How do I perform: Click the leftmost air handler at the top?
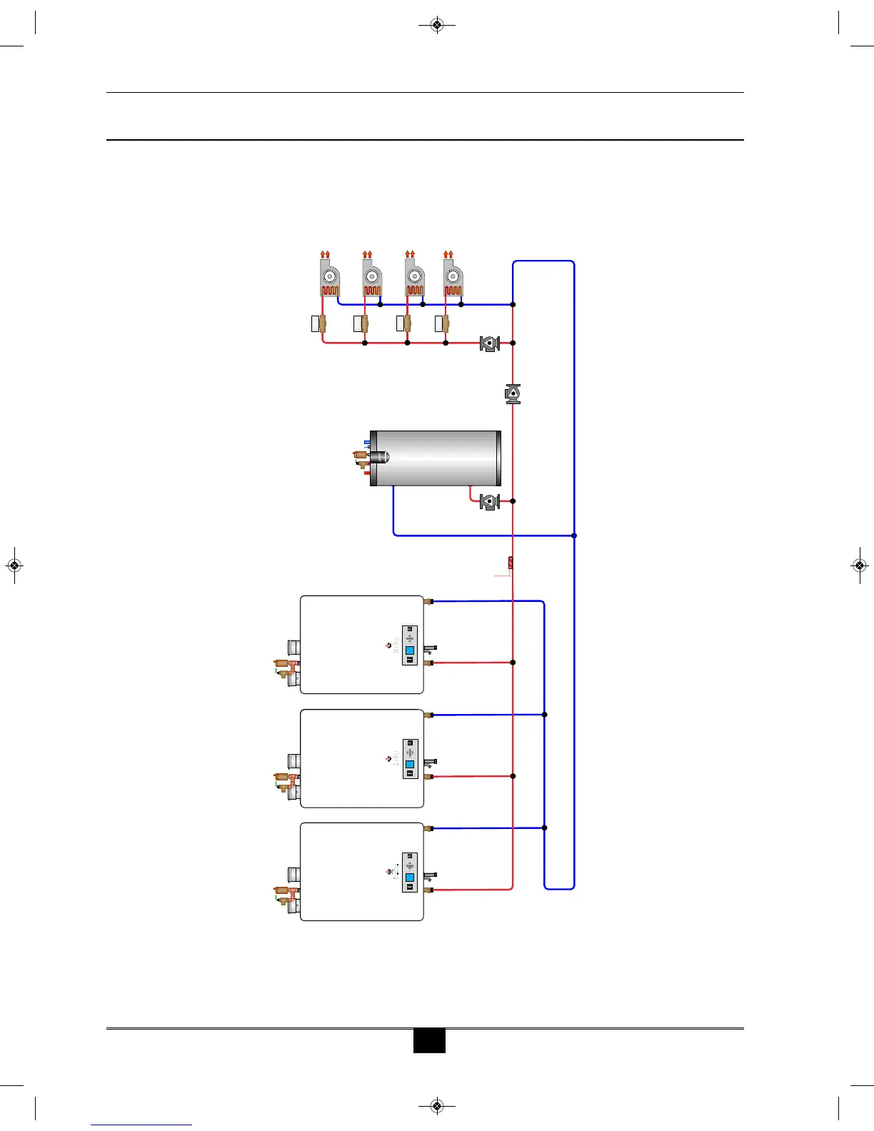[329, 278]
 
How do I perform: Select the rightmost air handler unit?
[453, 278]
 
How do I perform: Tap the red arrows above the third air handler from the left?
[410, 253]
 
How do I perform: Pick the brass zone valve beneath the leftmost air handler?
[323, 323]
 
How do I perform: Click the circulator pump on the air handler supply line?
[489, 343]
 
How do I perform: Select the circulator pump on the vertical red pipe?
[513, 394]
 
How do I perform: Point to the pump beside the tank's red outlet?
[489, 501]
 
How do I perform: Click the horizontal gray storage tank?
[436, 458]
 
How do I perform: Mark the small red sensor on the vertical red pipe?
[511, 563]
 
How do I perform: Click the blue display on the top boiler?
[410, 650]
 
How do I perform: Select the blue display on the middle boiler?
[410, 764]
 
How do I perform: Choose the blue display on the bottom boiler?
[410, 878]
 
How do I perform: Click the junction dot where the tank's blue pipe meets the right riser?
[574, 535]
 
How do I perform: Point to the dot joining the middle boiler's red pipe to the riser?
[513, 776]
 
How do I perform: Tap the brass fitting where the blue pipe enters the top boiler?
[428, 602]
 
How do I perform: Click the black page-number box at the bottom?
[429, 1040]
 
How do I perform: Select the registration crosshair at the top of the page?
[438, 26]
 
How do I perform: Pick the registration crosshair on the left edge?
[14, 565]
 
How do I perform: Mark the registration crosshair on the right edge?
[860, 565]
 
